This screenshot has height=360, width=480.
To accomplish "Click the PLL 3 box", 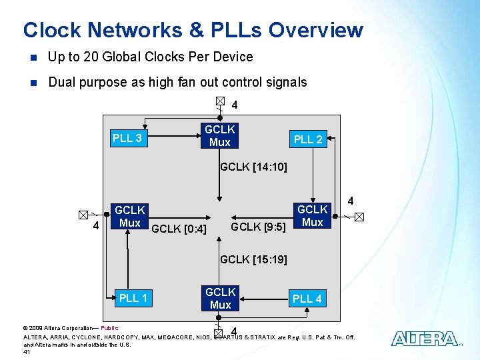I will pyautogui.click(x=127, y=139).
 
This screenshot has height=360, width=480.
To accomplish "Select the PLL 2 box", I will pyautogui.click(x=308, y=139).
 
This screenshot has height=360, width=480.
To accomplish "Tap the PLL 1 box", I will pyautogui.click(x=133, y=298).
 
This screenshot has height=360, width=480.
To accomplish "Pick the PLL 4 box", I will pyautogui.click(x=307, y=299).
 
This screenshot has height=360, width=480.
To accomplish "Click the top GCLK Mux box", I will pyautogui.click(x=219, y=135).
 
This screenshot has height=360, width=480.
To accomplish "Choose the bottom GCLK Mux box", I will pyautogui.click(x=220, y=298).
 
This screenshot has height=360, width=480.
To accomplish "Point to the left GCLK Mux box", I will pyautogui.click(x=129, y=216).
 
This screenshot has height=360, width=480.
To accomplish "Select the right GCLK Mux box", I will pyautogui.click(x=312, y=215).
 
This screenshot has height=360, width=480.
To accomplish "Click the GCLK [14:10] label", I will pyautogui.click(x=253, y=167).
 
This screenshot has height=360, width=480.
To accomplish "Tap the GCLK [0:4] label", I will pyautogui.click(x=179, y=229).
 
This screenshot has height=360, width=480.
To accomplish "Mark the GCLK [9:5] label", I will pyautogui.click(x=258, y=227).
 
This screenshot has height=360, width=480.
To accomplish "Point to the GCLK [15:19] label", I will pyautogui.click(x=253, y=259).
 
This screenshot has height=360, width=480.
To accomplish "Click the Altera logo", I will pyautogui.click(x=424, y=339).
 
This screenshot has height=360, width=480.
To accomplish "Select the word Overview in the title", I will pyautogui.click(x=316, y=30).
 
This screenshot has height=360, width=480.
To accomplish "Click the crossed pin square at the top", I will pyautogui.click(x=220, y=101).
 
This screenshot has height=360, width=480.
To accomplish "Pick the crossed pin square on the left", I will pyautogui.click(x=82, y=215).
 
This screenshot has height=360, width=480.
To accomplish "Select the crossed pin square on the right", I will pyautogui.click(x=359, y=217).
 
